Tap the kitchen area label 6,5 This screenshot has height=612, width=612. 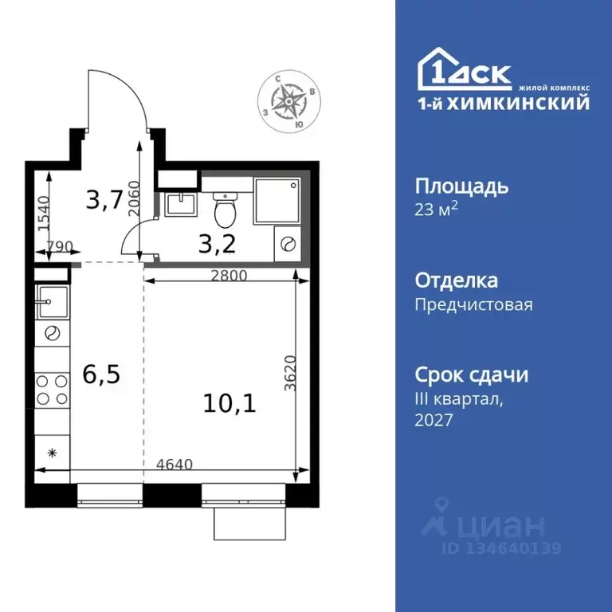(x=101, y=374)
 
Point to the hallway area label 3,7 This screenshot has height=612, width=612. (x=104, y=200)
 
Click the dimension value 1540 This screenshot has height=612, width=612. (x=44, y=214)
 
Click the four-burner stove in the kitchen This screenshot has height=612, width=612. (x=53, y=390)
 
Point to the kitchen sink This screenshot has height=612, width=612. (x=53, y=300)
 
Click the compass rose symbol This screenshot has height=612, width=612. (x=287, y=100)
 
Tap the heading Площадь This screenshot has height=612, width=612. (x=461, y=186)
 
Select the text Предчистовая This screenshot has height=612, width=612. (x=473, y=304)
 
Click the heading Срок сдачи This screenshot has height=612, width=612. (x=472, y=375)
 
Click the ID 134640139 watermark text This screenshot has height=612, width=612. (x=502, y=548)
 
